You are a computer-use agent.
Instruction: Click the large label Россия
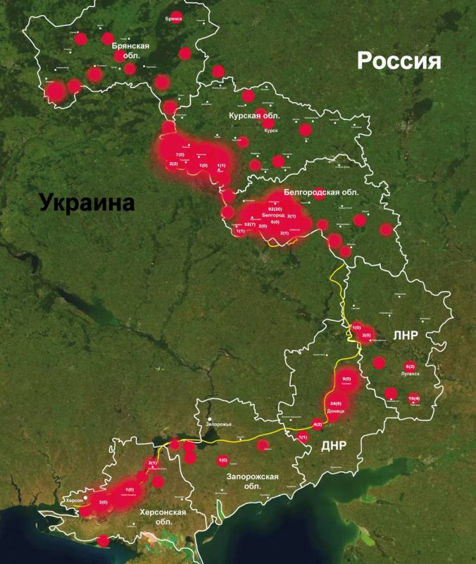399,61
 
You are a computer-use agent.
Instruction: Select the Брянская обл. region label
130,50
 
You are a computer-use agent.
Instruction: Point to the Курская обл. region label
255,115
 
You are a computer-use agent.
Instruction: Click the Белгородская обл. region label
321,192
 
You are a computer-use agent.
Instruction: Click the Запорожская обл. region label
252,482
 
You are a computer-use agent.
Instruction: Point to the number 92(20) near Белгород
275,209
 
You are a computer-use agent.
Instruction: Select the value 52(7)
250,224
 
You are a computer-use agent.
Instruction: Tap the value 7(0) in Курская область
180,154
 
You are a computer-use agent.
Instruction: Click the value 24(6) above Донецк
336,404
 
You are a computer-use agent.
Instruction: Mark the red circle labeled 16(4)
414,398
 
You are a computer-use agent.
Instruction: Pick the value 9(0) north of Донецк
346,379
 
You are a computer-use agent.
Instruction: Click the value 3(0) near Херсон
104,502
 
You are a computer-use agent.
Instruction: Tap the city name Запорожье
218,424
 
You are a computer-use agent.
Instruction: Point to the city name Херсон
74,500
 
